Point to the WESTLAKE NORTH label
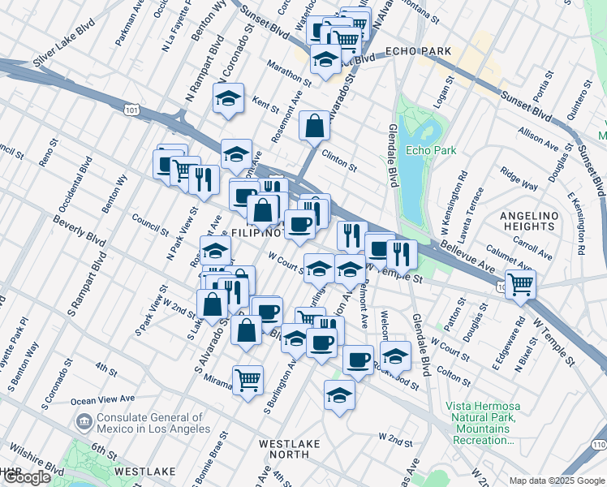coord(289,449)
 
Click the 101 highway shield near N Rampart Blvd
coord(131,108)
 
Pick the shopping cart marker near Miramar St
coord(248,378)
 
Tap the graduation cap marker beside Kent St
coord(229,98)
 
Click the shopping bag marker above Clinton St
coord(314,126)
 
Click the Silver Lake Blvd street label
coord(64,50)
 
